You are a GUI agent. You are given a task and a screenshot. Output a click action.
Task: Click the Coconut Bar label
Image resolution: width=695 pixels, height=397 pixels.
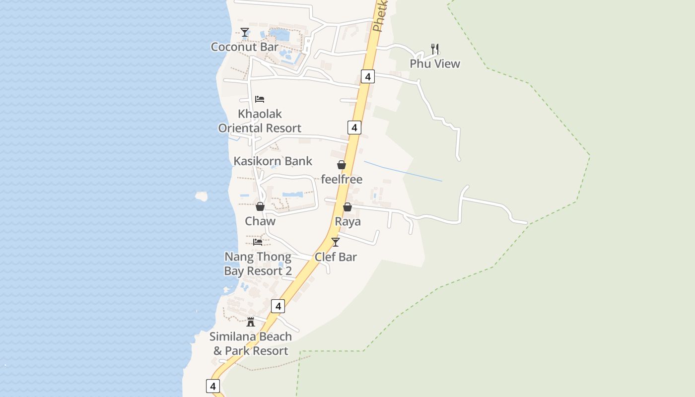pos(244,47)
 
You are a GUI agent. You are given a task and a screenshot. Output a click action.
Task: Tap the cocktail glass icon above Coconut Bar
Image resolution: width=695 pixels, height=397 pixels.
pos(245,33)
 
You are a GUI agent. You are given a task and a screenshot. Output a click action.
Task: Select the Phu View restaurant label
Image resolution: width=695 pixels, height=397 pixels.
pos(435,64)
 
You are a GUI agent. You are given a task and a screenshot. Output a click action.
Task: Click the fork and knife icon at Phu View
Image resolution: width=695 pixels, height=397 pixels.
pos(435,49)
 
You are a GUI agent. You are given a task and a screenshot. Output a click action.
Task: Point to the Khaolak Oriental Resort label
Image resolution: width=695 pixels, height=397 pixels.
pos(260,121)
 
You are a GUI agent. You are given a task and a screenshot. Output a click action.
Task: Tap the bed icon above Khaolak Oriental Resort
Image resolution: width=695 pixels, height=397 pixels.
pos(260,99)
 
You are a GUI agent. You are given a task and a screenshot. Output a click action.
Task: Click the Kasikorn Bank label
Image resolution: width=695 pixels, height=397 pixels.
pos(273,161)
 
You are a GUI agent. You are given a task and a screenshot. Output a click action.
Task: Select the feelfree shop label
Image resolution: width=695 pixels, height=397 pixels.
pos(342,179)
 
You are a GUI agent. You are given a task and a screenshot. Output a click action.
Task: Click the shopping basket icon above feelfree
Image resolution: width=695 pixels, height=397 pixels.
pos(342,165)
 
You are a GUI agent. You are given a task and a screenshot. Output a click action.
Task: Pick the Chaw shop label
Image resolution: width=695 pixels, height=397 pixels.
pos(260,221)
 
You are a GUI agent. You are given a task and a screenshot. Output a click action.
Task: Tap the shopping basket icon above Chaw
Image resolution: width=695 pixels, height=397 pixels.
pos(260,206)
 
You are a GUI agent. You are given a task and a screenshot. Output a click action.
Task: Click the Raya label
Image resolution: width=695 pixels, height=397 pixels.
pos(347,221)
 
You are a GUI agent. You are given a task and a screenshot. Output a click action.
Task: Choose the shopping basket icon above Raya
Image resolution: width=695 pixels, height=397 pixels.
pos(347,207)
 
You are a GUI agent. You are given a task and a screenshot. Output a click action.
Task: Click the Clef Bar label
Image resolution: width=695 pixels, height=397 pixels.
pos(336,257)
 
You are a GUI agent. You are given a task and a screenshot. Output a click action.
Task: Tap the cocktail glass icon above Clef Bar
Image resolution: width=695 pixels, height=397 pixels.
pos(336,242)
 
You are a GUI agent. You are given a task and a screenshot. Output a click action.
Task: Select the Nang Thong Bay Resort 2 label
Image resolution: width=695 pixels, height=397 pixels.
pos(258,264)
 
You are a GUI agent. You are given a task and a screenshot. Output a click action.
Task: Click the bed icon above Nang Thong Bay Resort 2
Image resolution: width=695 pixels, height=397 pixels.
pos(258,242)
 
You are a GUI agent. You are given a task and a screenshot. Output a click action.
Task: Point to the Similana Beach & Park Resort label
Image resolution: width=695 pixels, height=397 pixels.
pos(251,343)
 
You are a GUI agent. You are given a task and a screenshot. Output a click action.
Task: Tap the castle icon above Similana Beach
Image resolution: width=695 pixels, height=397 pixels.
pos(251,322)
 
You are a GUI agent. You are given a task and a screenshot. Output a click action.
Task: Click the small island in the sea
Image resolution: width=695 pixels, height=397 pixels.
pos(201,196)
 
